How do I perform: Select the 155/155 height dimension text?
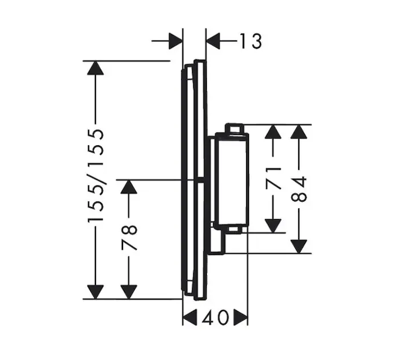click(x=96, y=176)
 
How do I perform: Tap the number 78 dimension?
click(x=130, y=238)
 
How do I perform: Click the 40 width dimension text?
click(x=215, y=317)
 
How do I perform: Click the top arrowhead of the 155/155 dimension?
click(x=95, y=68)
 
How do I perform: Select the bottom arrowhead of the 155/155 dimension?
click(x=95, y=291)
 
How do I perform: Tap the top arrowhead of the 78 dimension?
click(x=129, y=187)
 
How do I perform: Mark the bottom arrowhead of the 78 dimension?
click(x=129, y=291)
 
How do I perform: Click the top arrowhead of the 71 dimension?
click(x=274, y=132)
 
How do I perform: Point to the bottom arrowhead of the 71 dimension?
click(x=274, y=225)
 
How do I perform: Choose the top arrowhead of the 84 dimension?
click(x=299, y=132)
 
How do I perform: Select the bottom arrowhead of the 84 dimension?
click(x=299, y=245)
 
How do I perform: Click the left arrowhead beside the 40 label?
click(x=190, y=317)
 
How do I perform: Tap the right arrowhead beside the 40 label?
click(x=240, y=317)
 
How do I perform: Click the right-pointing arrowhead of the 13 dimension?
click(x=175, y=41)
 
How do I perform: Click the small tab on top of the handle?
click(x=234, y=128)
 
